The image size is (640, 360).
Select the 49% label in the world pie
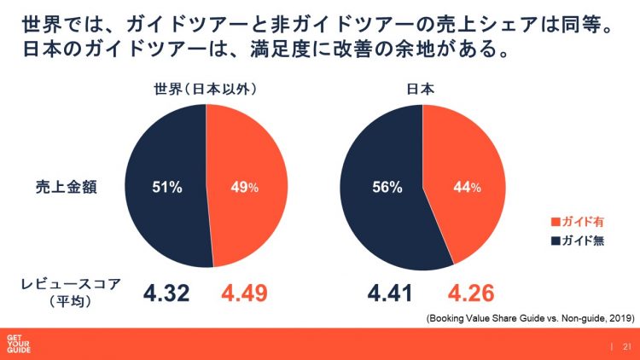(244, 189)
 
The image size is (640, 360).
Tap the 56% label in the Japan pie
(385, 189)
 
